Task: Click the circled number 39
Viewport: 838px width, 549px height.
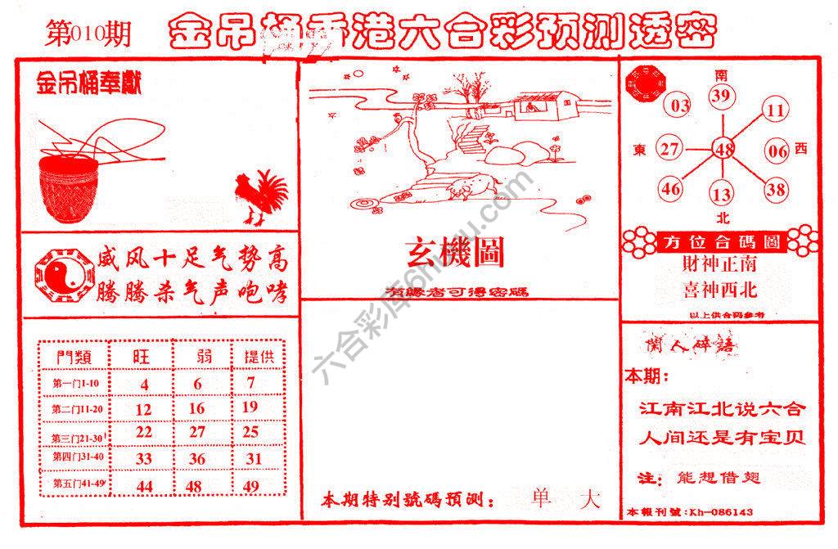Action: (720, 97)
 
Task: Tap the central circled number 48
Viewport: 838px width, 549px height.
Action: (723, 150)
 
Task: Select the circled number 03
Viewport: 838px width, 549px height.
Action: (680, 106)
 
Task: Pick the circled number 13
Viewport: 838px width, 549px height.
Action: (722, 195)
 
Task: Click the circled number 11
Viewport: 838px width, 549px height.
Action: (777, 110)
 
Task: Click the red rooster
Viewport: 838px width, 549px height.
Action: (260, 196)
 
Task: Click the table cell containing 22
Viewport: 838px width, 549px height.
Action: (144, 432)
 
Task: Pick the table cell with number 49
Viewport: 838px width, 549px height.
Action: (251, 486)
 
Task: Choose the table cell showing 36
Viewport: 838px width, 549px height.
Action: (197, 460)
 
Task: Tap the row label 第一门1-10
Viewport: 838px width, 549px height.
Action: (75, 383)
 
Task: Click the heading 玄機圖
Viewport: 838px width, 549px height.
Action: (455, 254)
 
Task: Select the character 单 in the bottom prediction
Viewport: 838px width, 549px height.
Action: (541, 499)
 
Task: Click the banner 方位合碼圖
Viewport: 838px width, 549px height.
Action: (719, 242)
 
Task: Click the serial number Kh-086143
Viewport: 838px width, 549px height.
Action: (720, 513)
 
